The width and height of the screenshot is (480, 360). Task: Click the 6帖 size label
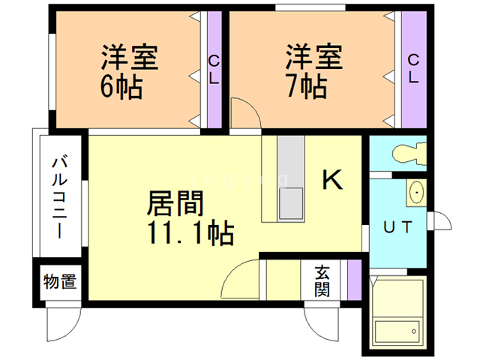point(121,87)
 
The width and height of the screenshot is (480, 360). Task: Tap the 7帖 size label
point(307,86)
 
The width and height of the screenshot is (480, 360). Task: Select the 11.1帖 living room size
point(190,233)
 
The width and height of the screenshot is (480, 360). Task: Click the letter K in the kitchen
point(332,180)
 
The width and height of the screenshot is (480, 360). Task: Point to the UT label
point(398,227)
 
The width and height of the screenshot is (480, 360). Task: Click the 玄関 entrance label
point(322,281)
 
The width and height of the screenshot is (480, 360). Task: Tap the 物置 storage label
point(60,281)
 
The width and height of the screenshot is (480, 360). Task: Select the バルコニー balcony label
point(59,197)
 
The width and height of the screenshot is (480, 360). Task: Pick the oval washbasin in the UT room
point(416,192)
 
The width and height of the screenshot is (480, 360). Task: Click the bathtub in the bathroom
point(397,332)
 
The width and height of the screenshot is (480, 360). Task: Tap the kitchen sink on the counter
point(290,203)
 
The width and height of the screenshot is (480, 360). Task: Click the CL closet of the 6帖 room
point(214,70)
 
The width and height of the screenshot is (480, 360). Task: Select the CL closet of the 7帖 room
point(414,70)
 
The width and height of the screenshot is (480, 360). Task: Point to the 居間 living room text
point(175,203)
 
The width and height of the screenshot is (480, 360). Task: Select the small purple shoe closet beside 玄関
point(355,280)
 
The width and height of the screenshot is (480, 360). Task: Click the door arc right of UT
point(447,217)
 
